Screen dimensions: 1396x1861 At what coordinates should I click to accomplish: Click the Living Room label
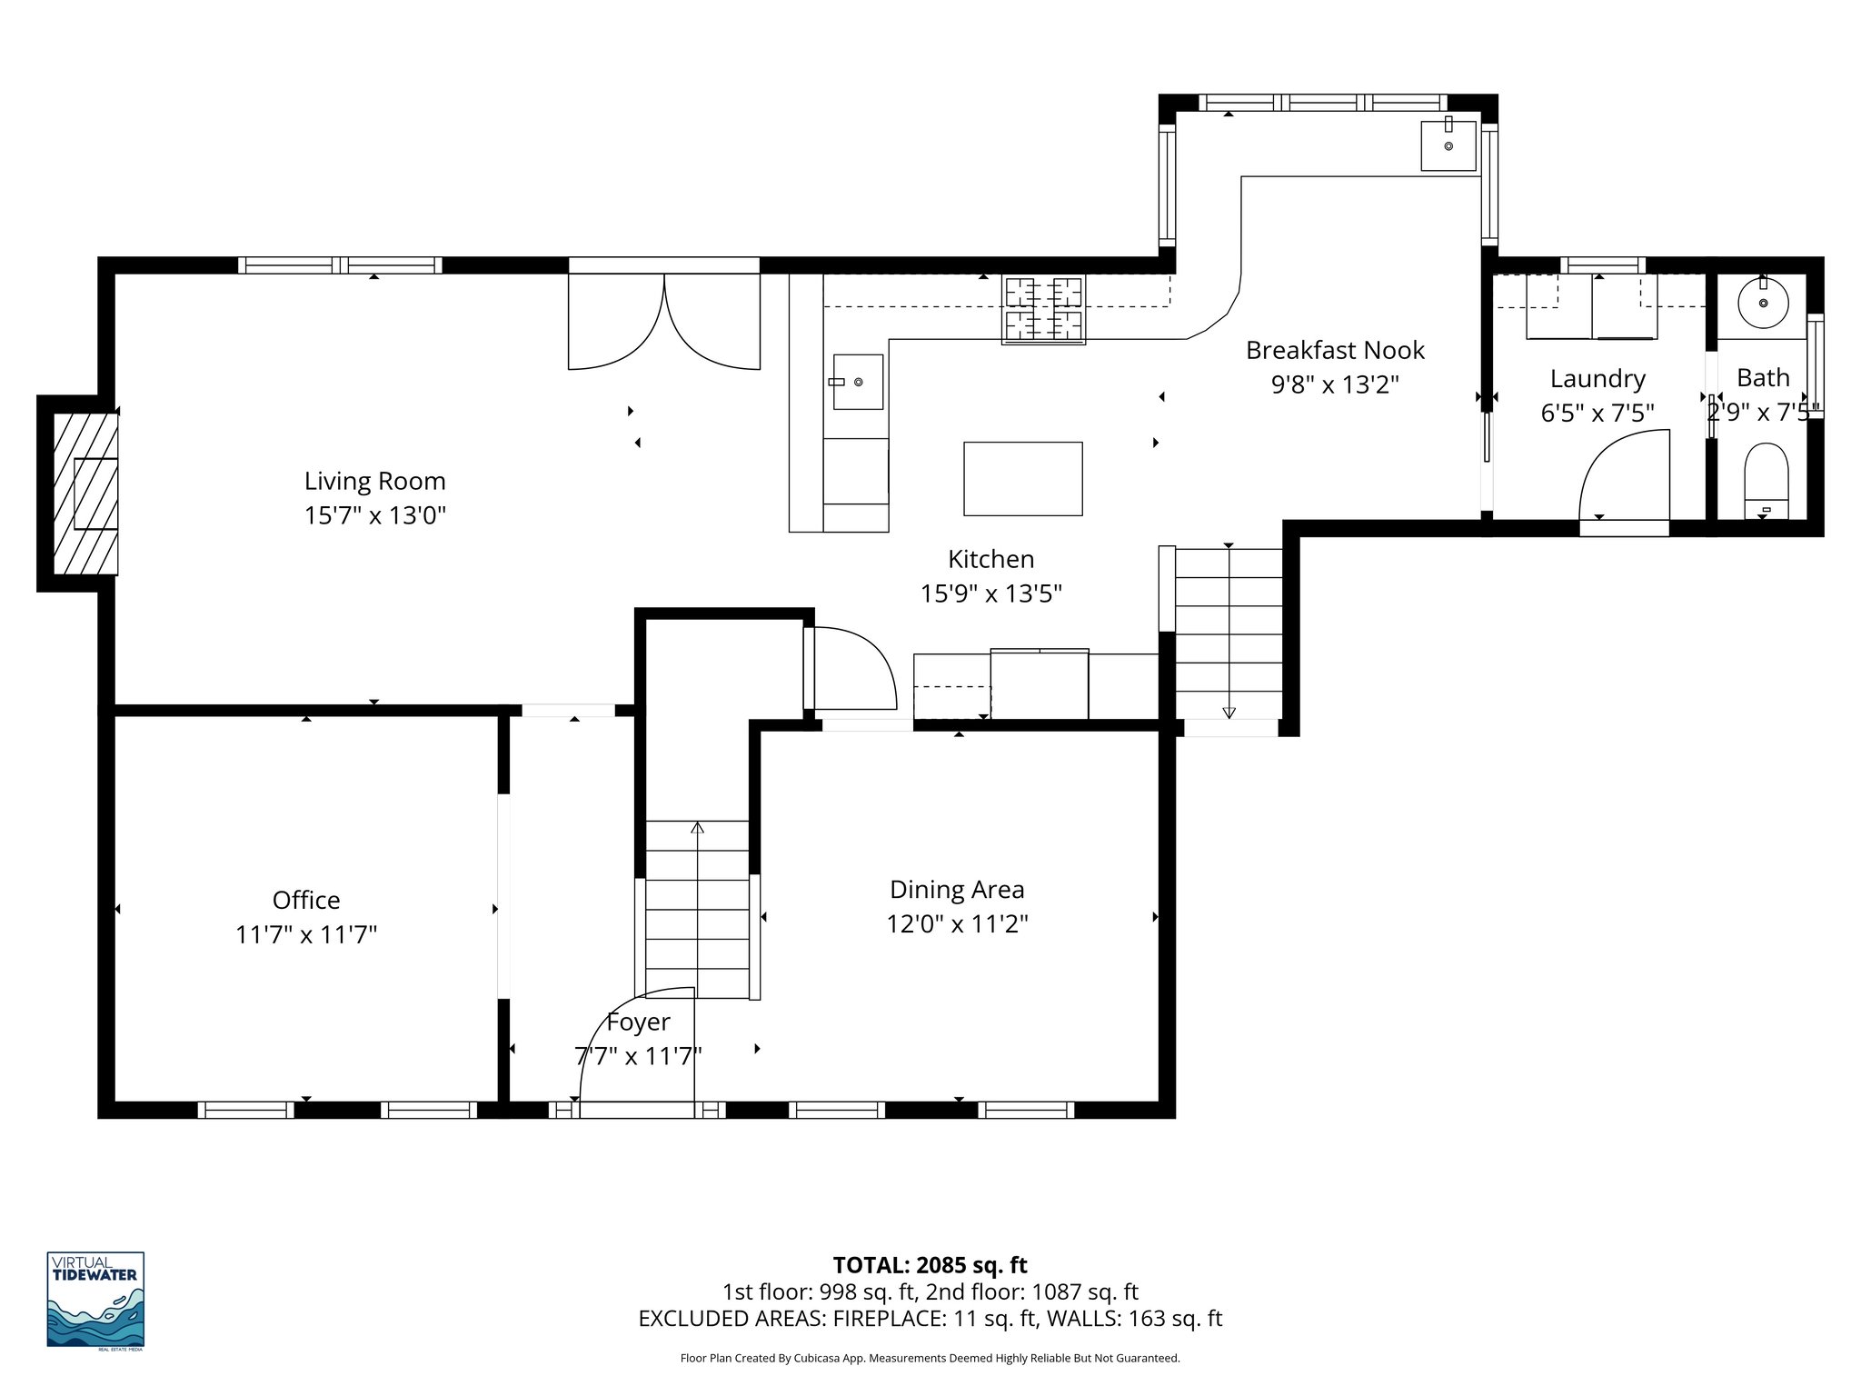coord(374,481)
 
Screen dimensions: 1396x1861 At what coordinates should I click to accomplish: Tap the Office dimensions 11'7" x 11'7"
coord(306,934)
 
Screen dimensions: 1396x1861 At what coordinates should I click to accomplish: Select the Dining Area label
coord(957,889)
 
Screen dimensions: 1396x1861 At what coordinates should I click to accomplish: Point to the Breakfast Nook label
coord(1335,350)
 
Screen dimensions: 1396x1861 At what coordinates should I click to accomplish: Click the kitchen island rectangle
coord(1022,478)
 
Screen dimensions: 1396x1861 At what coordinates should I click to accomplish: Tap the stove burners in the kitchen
coord(1043,310)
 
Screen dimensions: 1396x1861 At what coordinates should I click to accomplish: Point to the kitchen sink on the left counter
coord(857,382)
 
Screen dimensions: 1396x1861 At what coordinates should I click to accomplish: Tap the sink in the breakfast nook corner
coord(1448,144)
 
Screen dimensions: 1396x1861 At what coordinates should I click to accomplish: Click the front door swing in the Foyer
coord(636,1045)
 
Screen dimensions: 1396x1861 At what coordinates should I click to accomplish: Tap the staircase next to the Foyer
coord(697,909)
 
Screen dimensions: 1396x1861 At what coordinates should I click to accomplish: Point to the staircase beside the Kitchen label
coord(1229,633)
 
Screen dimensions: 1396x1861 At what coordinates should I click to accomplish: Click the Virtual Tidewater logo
coord(95,1300)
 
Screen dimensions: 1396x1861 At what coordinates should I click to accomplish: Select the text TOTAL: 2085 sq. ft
coord(930,1264)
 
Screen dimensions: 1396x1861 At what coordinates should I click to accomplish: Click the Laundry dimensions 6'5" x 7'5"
coord(1597,414)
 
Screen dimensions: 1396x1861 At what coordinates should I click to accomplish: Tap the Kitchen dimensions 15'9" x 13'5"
coord(990,593)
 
